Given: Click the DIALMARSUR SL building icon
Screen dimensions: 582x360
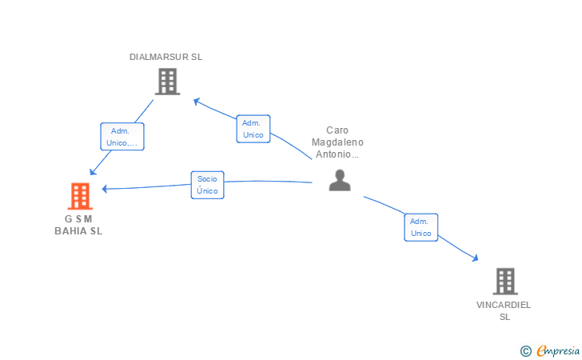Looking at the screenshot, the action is point(167,82).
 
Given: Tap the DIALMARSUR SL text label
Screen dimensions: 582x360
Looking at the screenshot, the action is point(165,57).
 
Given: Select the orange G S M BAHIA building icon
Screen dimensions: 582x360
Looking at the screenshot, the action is point(80,196).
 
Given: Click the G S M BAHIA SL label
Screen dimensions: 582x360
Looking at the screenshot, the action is point(78,225).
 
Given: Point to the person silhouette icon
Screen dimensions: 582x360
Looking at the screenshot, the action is point(340,180).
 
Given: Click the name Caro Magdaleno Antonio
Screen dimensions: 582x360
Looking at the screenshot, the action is point(337,142).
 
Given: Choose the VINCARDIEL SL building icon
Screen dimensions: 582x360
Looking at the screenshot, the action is point(505,282).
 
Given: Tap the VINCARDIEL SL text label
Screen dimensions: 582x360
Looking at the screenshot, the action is point(504,310).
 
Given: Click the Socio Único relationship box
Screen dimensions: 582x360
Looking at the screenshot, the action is point(208,185).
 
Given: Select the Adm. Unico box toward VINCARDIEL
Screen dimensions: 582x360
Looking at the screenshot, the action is point(421,227).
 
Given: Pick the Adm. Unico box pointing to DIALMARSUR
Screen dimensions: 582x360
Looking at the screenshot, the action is point(253,129).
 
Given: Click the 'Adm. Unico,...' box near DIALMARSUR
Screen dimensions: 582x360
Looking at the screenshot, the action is point(122,137).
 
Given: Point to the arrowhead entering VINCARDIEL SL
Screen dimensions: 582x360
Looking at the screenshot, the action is point(475,258).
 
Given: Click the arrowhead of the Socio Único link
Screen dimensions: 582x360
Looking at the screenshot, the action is point(105,189).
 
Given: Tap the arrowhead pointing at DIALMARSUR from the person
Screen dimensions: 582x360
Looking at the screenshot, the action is point(197,101).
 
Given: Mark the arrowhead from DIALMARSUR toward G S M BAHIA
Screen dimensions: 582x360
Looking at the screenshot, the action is point(93,172).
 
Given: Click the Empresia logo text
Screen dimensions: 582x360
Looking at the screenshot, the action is point(558,350).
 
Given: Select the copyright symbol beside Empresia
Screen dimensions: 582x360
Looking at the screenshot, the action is point(525,351).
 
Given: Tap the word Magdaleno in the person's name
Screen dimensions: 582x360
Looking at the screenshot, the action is point(337,142).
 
